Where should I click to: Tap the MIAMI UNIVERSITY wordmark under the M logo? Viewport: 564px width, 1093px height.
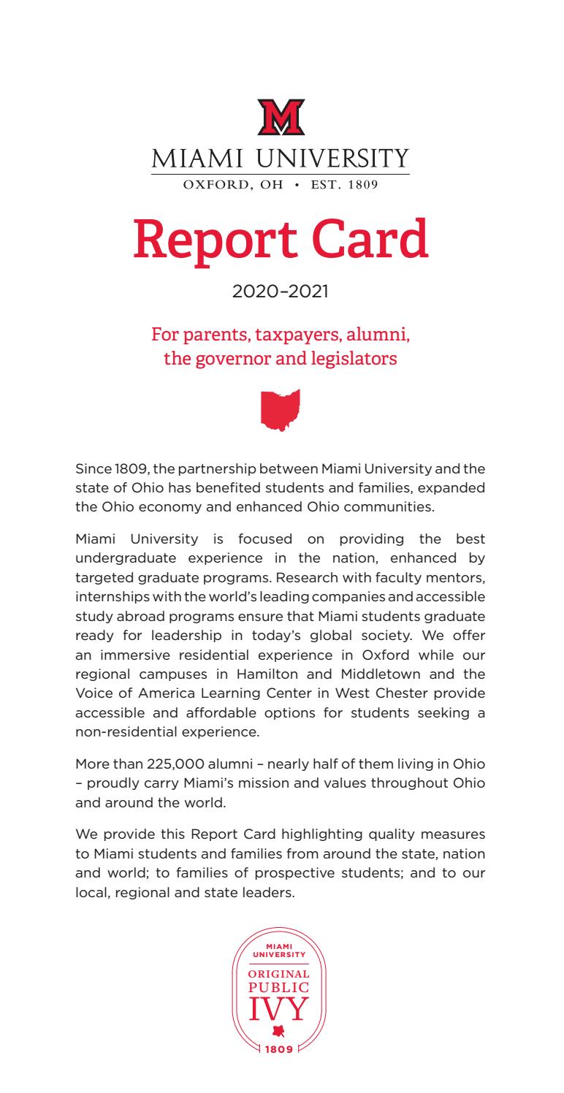pyautogui.click(x=281, y=159)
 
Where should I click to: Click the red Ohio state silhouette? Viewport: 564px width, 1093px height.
pyautogui.click(x=281, y=410)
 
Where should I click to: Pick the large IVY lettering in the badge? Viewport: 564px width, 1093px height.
pyautogui.click(x=281, y=1010)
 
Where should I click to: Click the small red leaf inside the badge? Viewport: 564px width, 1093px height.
pyautogui.click(x=278, y=1032)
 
